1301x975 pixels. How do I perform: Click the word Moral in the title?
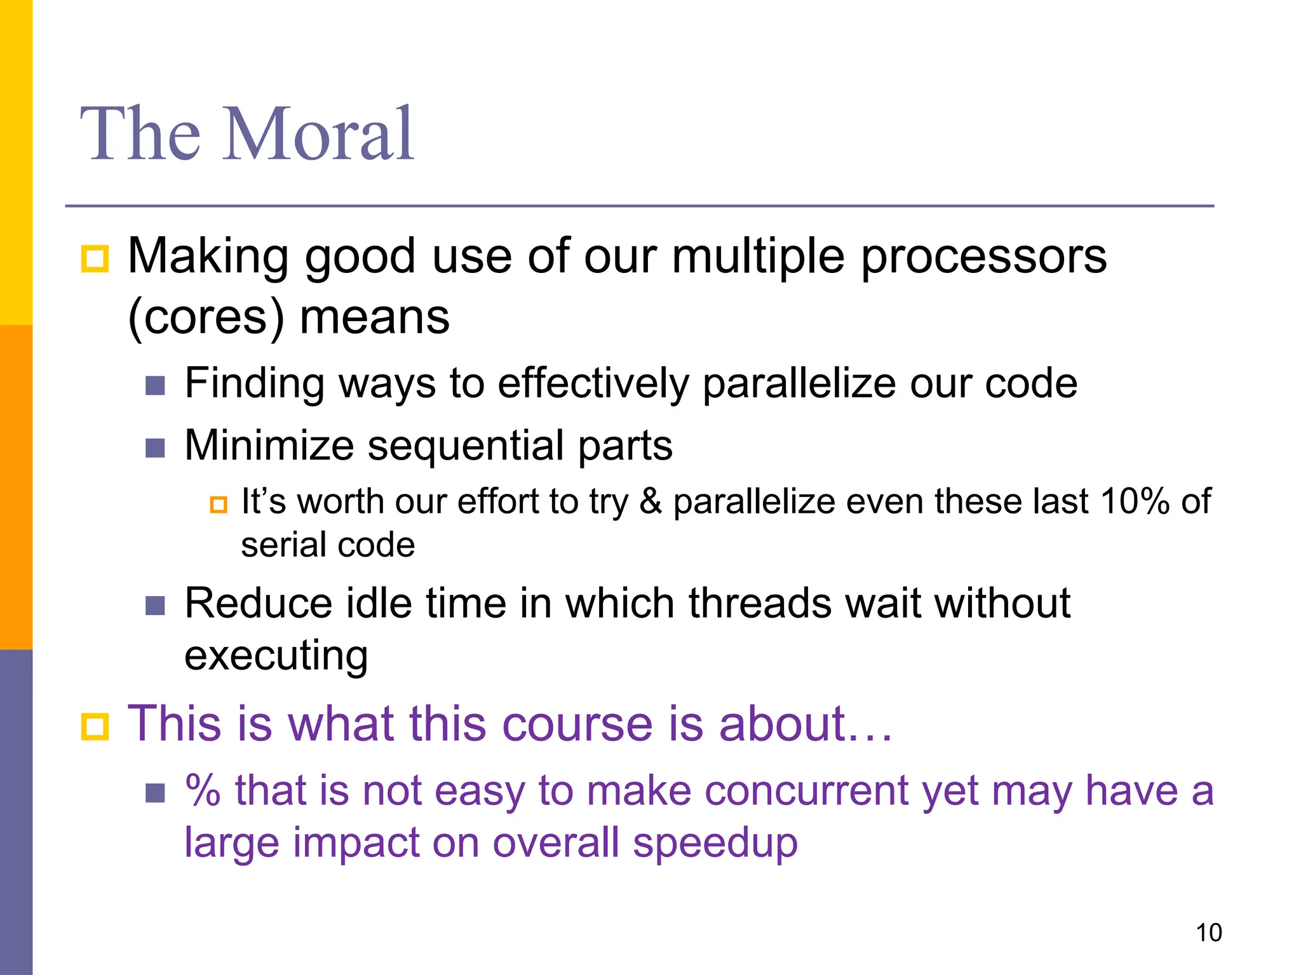tap(319, 135)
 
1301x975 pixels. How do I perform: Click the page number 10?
tap(1208, 932)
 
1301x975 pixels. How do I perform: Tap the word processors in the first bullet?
tap(983, 257)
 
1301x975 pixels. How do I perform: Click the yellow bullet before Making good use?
tap(95, 259)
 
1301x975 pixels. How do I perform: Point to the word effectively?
tap(593, 383)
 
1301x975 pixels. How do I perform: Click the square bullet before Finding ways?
tap(155, 385)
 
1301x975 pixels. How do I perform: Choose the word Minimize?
tap(269, 445)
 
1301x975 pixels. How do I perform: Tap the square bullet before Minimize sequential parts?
tap(155, 448)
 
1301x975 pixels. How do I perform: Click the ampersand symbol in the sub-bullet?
tap(650, 501)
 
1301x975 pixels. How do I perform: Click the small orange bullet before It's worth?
tap(219, 505)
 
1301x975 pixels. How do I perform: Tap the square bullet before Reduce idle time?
tap(155, 606)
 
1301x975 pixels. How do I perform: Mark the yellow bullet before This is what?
tap(95, 726)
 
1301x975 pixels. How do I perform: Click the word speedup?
tap(715, 843)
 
